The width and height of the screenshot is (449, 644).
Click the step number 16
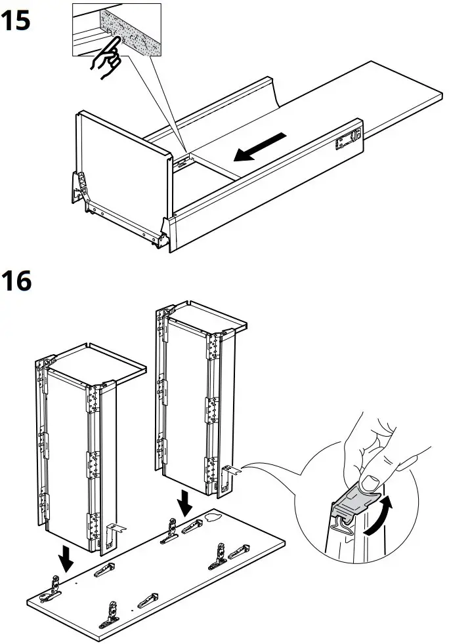(16, 283)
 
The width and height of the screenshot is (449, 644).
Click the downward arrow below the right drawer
(186, 504)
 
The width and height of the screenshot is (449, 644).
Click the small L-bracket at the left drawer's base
(116, 531)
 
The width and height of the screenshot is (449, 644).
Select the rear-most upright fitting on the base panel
(172, 524)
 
